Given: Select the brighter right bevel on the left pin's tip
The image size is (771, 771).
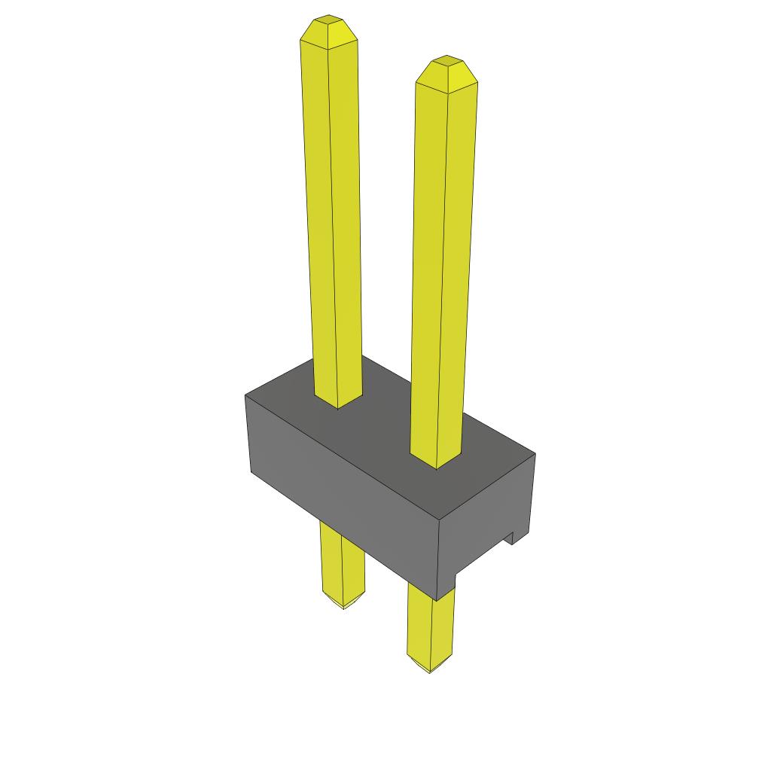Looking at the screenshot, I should click(343, 33).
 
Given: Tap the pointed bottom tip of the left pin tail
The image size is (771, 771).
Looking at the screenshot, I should click(344, 607).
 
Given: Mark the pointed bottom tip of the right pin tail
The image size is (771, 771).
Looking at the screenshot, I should click(430, 670).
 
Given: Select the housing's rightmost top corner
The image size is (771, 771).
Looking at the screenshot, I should click(535, 454).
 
